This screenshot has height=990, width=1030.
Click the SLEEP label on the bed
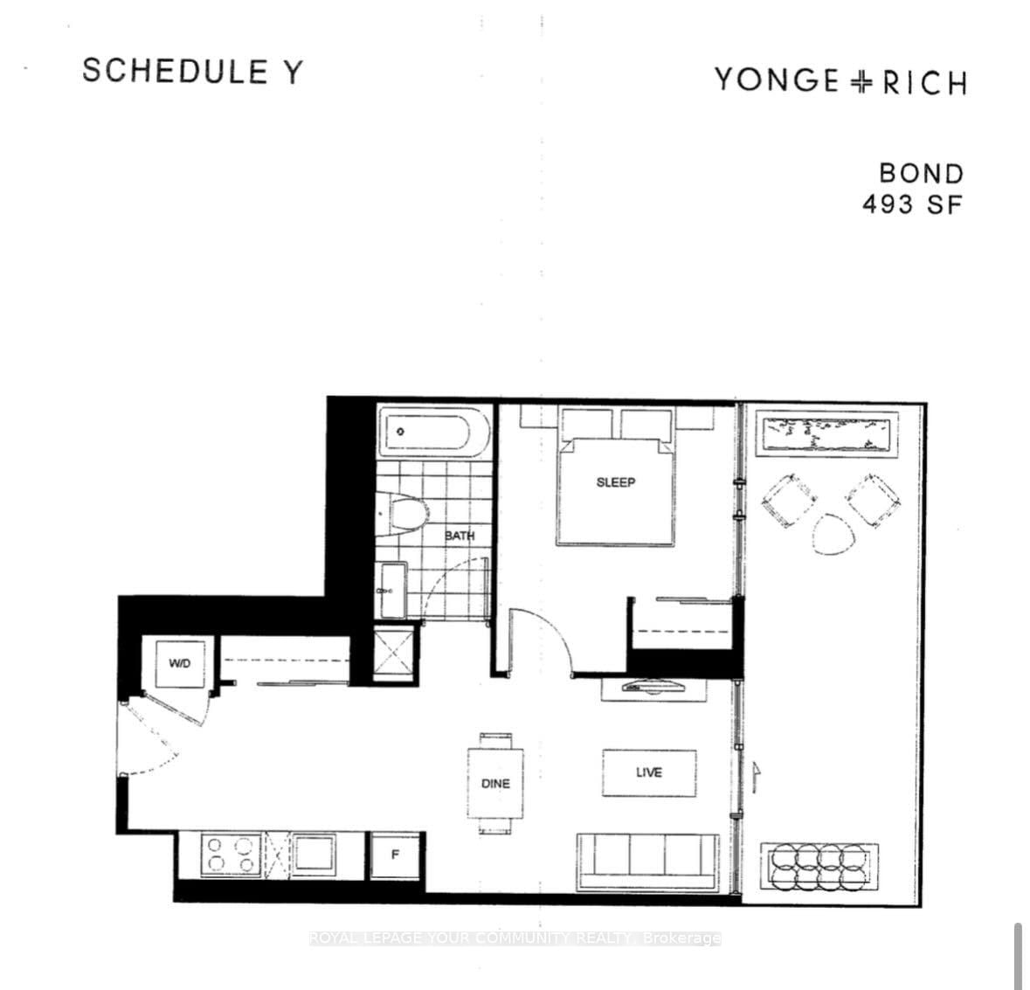point(616,482)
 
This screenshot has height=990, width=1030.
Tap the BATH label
point(460,536)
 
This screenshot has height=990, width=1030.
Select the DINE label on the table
point(495,783)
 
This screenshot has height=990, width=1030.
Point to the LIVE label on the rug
point(649,772)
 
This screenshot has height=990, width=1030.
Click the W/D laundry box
point(180,663)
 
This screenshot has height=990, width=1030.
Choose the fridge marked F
point(395,855)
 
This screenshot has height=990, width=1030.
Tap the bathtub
point(434,432)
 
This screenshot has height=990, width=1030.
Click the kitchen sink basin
point(314,853)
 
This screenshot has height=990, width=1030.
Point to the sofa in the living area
point(647,862)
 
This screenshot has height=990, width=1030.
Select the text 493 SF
point(912,204)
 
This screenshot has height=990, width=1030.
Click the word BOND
point(922,173)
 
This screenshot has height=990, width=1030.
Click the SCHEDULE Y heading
point(192,71)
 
